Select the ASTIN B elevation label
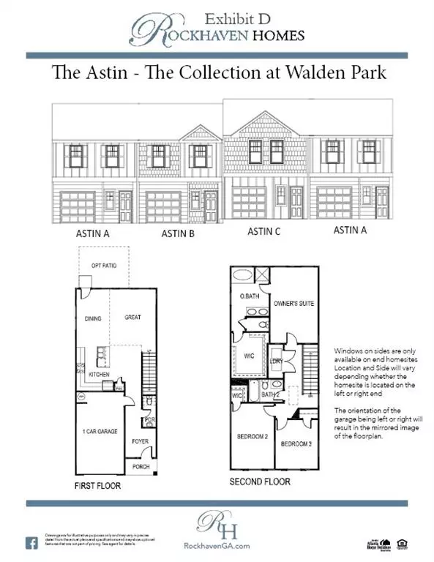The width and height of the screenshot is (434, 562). [x=179, y=234]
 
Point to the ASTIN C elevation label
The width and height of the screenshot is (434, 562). [x=264, y=231]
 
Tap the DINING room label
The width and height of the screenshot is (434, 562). [x=92, y=318]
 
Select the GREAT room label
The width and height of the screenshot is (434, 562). [x=132, y=318]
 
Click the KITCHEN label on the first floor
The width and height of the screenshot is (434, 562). [x=99, y=374]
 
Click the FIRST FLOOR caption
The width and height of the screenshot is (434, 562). [x=97, y=485]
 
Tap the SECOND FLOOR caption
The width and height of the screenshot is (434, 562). [x=260, y=482]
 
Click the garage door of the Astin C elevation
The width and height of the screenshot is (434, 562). [x=250, y=202]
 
